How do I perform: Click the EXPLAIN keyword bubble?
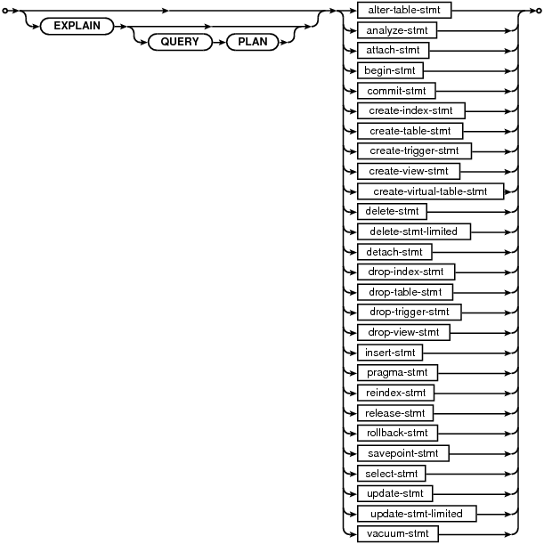77,26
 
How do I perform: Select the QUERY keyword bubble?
180,42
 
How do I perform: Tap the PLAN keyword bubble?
253,42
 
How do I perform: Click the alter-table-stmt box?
404,10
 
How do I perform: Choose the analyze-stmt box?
397,30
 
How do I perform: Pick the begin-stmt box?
390,70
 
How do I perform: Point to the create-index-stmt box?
410,110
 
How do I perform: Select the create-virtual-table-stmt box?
430,191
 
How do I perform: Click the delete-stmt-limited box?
413,231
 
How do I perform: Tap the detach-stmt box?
394,252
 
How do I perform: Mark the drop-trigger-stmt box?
410,313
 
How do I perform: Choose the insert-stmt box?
390,353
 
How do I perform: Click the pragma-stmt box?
397,373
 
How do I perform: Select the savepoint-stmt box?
403,453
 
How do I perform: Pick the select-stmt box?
392,474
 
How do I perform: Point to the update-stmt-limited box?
417,514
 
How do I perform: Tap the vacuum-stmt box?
398,534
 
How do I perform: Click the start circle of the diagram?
4,11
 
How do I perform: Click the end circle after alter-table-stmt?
539,11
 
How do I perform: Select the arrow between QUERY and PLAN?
219,43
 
